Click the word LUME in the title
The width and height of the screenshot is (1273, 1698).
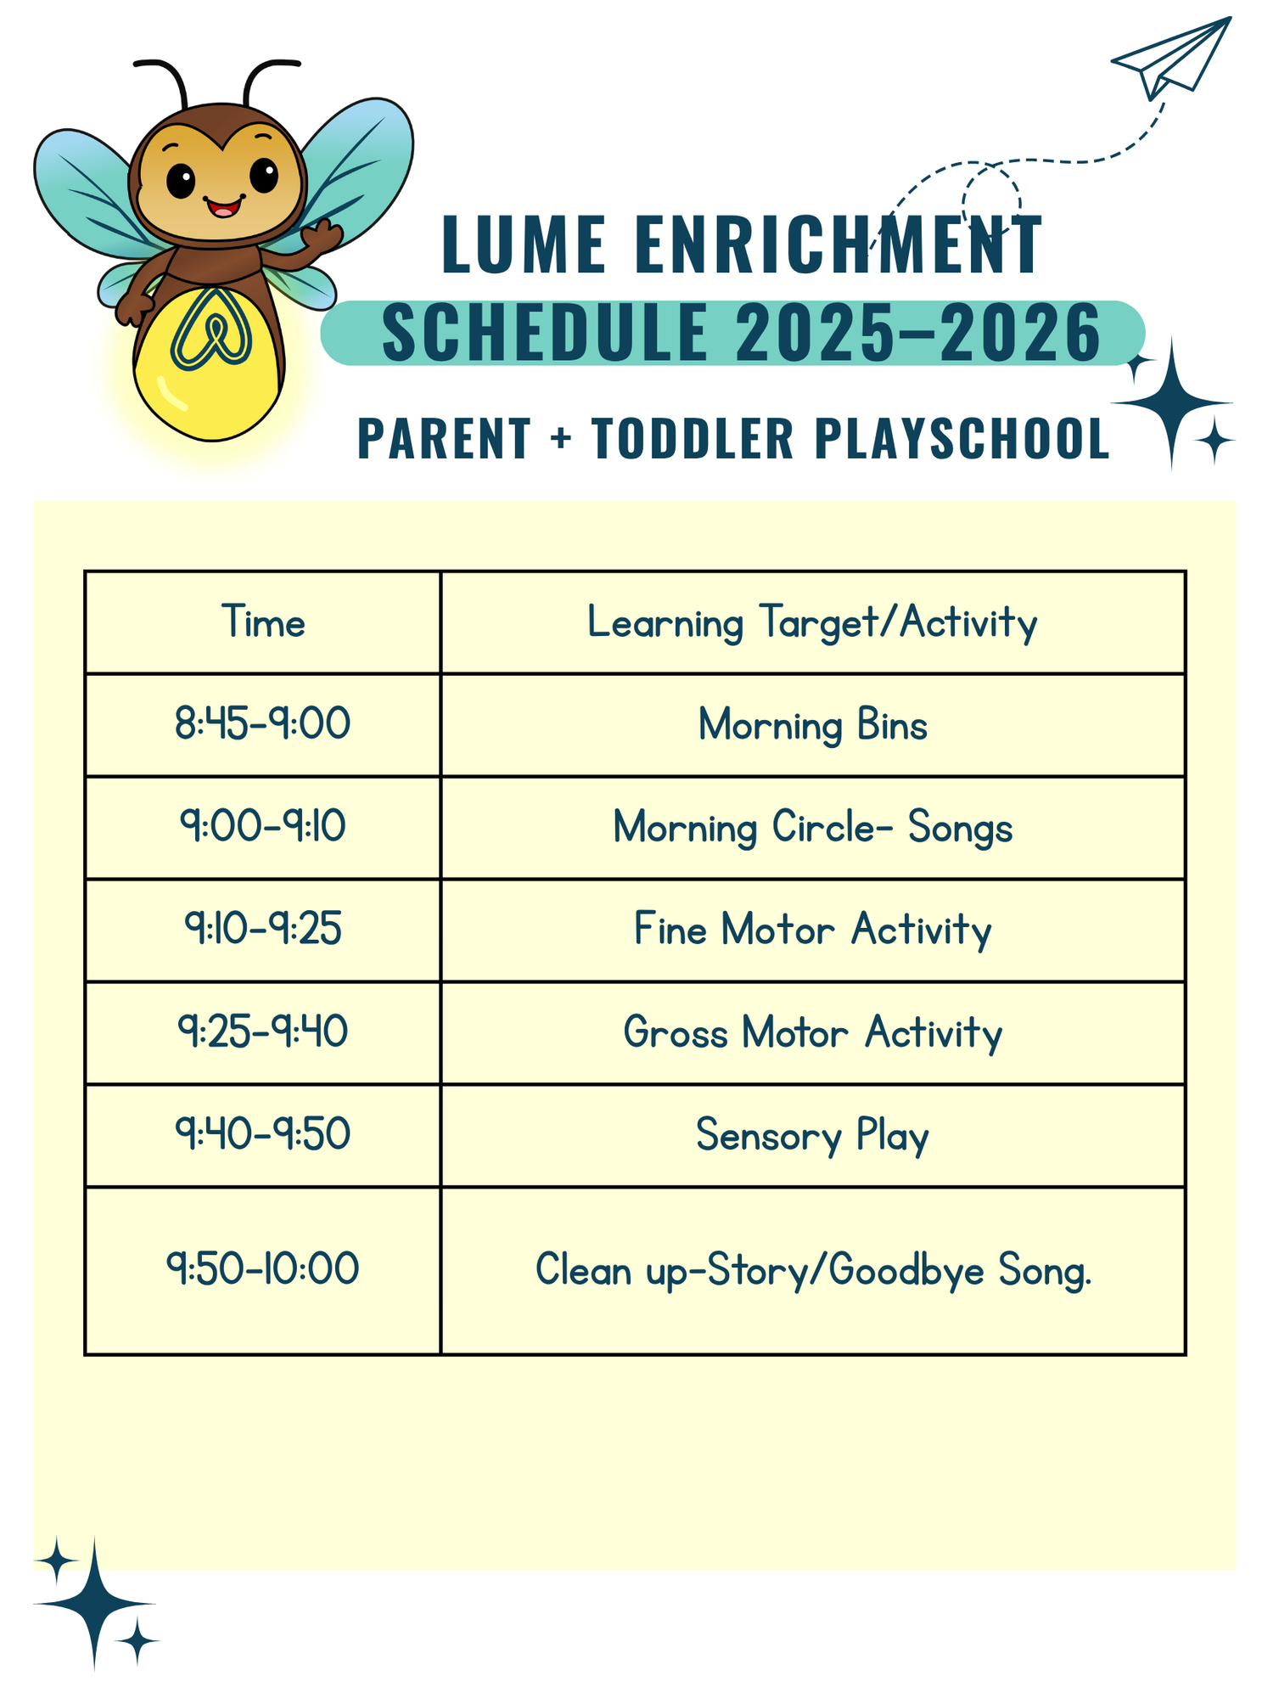coord(524,245)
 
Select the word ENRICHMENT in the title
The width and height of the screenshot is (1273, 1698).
coord(838,245)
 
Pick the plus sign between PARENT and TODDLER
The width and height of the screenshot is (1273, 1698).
coord(560,439)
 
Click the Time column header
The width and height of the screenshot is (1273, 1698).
coord(263,622)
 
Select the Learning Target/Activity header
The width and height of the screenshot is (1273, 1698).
coord(812,622)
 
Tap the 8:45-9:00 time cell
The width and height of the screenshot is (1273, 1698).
coord(263,724)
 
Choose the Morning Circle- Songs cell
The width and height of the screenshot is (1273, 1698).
coord(812,828)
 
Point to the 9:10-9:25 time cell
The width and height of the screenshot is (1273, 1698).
coord(263,929)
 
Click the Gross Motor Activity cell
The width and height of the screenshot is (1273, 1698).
coord(812,1033)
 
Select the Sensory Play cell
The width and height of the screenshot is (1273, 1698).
coord(812,1136)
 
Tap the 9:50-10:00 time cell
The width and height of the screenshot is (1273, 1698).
coord(263,1270)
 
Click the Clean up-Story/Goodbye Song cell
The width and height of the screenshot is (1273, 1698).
coord(812,1271)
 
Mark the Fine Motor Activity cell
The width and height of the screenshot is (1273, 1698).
coord(812,931)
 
